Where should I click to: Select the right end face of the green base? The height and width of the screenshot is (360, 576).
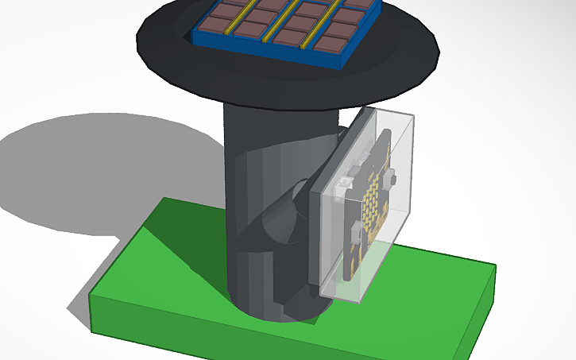[x=481, y=306]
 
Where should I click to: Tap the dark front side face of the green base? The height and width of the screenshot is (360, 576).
[x=238, y=334]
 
